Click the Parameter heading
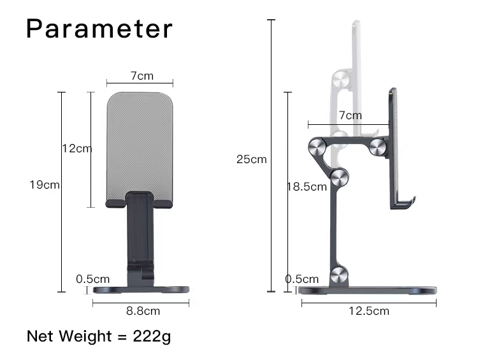99,29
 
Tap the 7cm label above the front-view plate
142,76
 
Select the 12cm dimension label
76,148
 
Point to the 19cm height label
45,185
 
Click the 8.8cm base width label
142,311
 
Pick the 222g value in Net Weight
152,336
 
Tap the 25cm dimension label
251,159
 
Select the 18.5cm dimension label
306,187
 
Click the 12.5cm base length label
368,311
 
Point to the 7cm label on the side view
350,115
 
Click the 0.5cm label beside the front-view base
93,279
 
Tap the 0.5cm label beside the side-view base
301,279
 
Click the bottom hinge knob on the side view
339,275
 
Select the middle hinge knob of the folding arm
338,178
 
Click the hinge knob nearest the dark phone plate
377,148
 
